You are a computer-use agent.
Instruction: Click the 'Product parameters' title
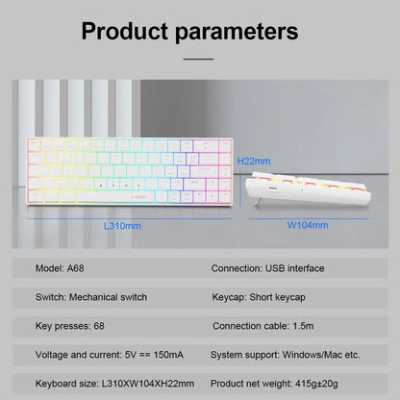pyautogui.click(x=200, y=30)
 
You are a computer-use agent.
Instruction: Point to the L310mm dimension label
pyautogui.click(x=122, y=225)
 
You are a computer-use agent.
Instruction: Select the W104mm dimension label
pyautogui.click(x=308, y=225)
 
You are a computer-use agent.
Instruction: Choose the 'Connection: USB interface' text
pyautogui.click(x=267, y=267)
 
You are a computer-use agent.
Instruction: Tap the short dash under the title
pyautogui.click(x=200, y=59)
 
